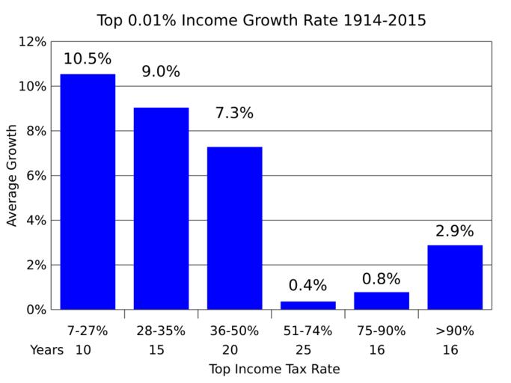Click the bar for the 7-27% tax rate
coord(88,191)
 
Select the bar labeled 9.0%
coord(161,208)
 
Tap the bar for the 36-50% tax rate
coord(234,227)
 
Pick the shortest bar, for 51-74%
coord(307,305)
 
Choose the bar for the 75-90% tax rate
coord(381,301)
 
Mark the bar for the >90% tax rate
coord(454,277)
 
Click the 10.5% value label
coord(88,59)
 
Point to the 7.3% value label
coord(234,114)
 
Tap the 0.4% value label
coord(307,286)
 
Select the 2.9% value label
coord(454,231)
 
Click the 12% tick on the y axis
coord(32,42)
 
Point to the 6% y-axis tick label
coord(35,176)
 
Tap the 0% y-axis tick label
coord(35,310)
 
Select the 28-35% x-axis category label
coord(161,331)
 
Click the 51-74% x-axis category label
coord(307,331)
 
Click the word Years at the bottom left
coord(46,349)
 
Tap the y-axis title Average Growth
coord(12,176)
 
